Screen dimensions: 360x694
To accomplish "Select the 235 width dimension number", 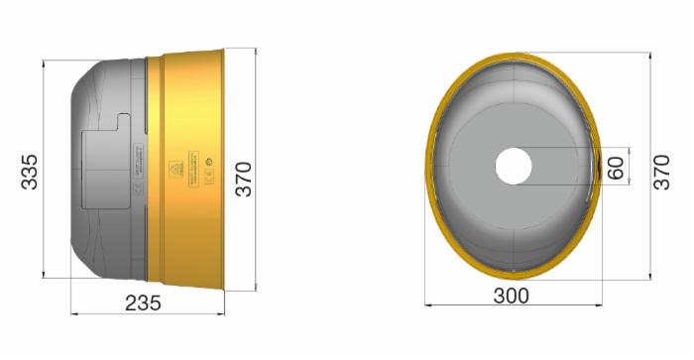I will pyautogui.click(x=145, y=303).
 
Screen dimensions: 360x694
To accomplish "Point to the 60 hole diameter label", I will pyautogui.click(x=617, y=166).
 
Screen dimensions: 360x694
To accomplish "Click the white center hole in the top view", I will pyautogui.click(x=513, y=166).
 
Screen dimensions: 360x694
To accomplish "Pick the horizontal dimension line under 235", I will pyautogui.click(x=149, y=314).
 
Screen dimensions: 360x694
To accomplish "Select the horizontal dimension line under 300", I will pyautogui.click(x=513, y=306).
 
